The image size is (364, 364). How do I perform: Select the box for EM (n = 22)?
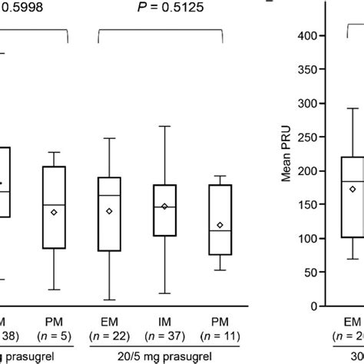tap(109, 213)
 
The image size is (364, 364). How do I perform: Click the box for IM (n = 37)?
tap(164, 210)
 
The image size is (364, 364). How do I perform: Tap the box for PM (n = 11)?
tap(220, 219)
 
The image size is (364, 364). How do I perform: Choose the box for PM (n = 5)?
tap(54, 207)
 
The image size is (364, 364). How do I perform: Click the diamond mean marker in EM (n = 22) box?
tap(109, 210)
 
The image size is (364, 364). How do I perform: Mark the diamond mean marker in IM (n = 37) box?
tap(164, 207)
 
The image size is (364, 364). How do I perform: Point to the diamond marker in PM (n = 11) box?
tap(220, 225)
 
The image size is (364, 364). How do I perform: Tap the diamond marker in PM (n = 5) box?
tap(54, 212)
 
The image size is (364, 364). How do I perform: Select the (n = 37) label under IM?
tap(164, 336)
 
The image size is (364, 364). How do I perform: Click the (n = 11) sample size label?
tap(220, 336)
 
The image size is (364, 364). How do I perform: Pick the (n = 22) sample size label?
tap(109, 336)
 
